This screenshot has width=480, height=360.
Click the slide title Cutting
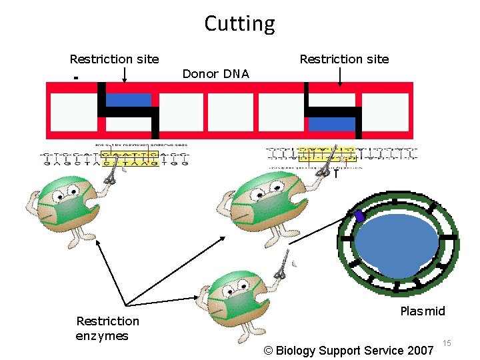[x=239, y=24]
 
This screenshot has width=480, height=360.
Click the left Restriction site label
[x=114, y=59]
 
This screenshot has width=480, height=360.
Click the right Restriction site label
[x=344, y=59]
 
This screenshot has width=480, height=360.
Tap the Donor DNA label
[x=215, y=74]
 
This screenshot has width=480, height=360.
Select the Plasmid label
[x=423, y=311]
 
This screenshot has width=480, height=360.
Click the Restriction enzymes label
[x=107, y=328]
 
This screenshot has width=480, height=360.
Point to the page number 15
[x=447, y=343]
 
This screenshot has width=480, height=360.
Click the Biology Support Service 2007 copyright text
[x=348, y=351]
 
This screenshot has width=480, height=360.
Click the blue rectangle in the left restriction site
[x=129, y=100]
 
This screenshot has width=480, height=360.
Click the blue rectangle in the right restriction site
[x=331, y=123]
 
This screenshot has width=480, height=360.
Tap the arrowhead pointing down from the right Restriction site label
[x=340, y=85]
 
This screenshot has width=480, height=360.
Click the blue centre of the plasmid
[x=396, y=243]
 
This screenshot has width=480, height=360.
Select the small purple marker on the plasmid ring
[x=359, y=216]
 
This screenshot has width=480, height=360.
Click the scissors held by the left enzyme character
[x=110, y=173]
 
